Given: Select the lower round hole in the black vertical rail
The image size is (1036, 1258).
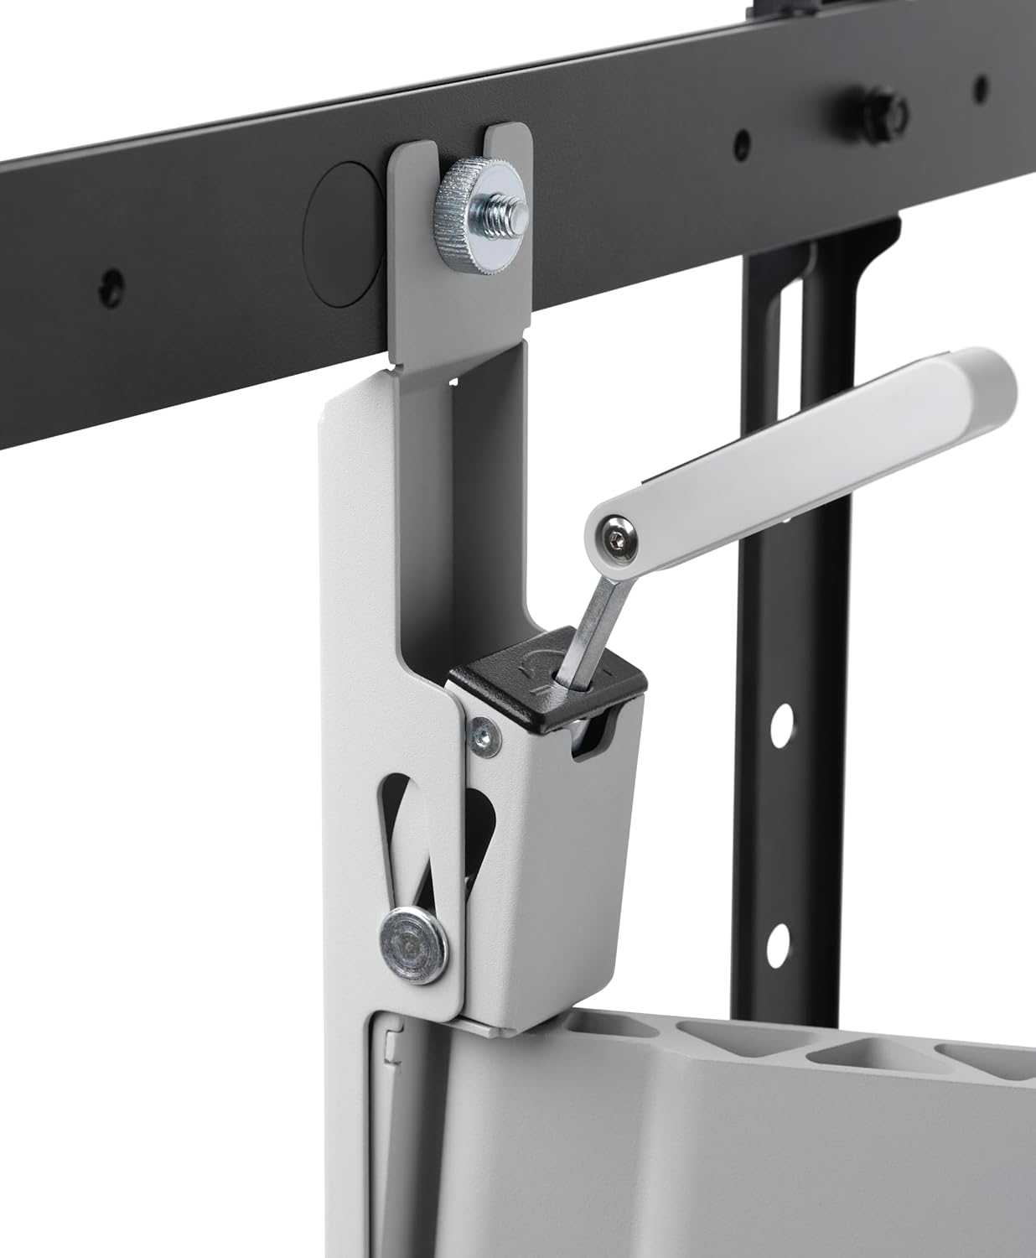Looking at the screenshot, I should click(779, 937).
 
